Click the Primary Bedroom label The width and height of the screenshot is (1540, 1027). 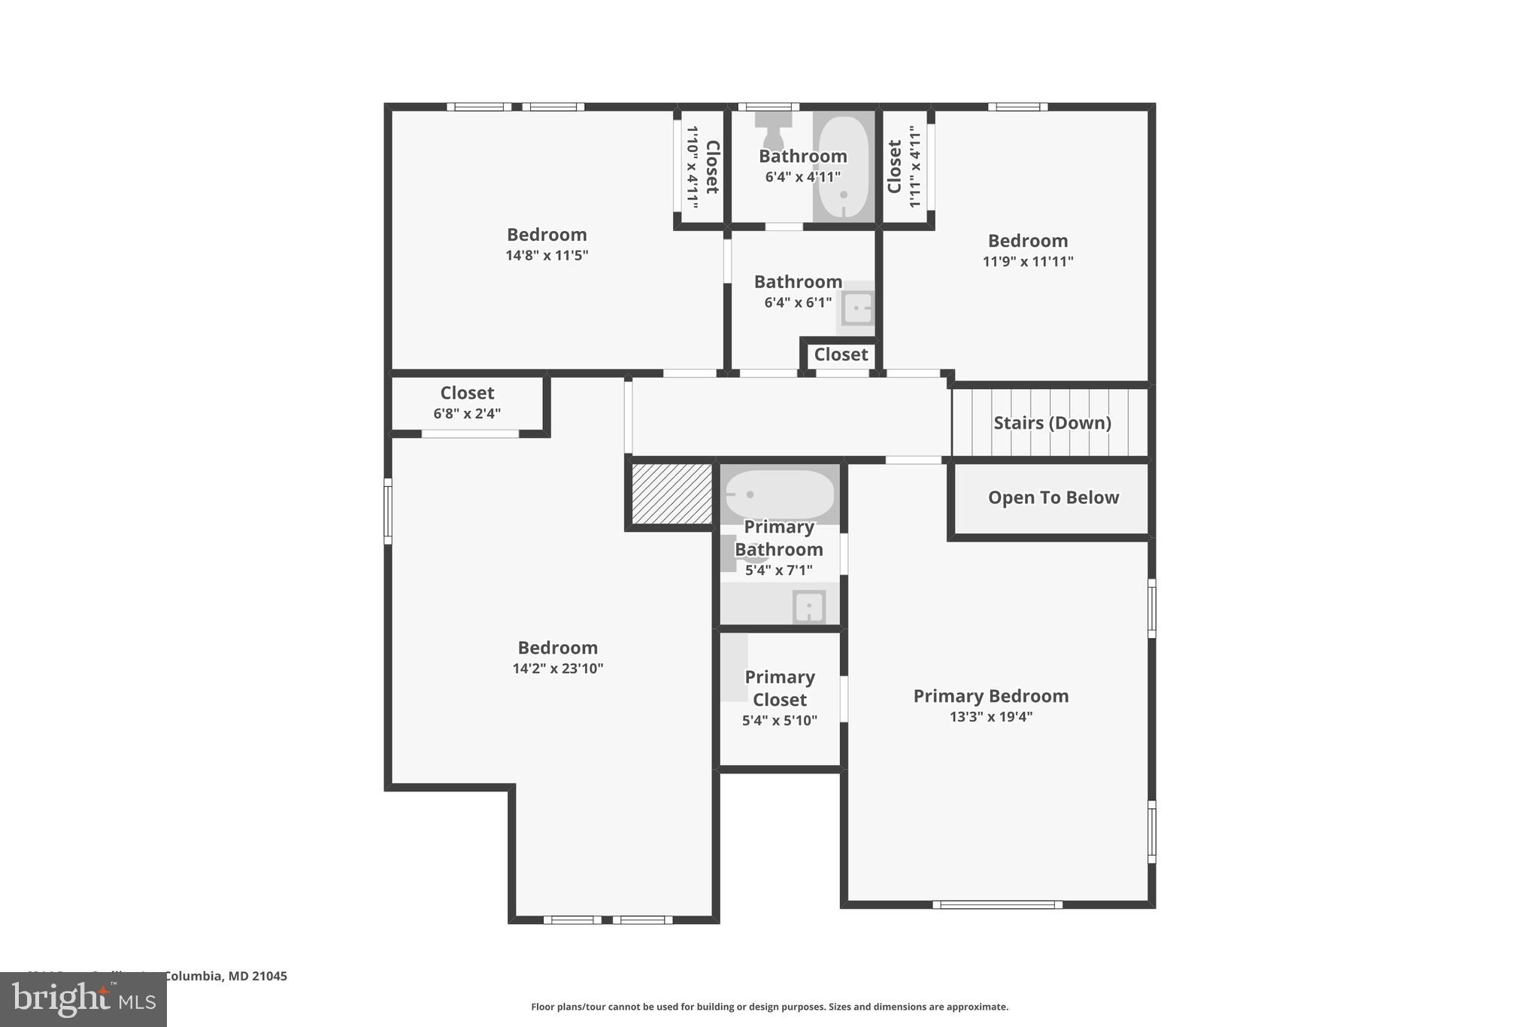[x=990, y=696]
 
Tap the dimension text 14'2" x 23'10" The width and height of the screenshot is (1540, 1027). [x=557, y=668]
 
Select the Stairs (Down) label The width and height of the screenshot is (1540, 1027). [x=1052, y=423]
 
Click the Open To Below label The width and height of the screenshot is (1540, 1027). [x=1053, y=497]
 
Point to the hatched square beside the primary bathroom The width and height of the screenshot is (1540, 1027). [x=671, y=494]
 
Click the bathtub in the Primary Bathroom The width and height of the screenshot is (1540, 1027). [x=780, y=494]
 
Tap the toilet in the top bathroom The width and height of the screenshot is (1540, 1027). [x=773, y=132]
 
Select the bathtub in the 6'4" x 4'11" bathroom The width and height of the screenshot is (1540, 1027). [x=843, y=167]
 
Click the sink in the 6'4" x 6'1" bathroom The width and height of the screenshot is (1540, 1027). [x=857, y=308]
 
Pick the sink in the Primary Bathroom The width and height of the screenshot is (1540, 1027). [x=808, y=606]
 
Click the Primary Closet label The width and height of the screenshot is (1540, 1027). [x=780, y=688]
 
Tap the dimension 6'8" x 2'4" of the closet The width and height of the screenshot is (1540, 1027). [x=467, y=413]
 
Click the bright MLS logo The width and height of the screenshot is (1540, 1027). [x=83, y=1000]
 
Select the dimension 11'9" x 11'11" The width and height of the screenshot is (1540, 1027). [x=1027, y=262]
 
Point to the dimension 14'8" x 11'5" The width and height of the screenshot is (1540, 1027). [x=547, y=255]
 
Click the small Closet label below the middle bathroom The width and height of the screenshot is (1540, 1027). [x=841, y=354]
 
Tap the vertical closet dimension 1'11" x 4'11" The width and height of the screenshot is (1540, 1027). [x=914, y=167]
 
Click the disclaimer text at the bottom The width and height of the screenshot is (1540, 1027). [x=769, y=1007]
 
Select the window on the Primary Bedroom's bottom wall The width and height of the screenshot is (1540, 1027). [x=997, y=904]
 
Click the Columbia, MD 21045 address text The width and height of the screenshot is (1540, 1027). [x=225, y=976]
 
